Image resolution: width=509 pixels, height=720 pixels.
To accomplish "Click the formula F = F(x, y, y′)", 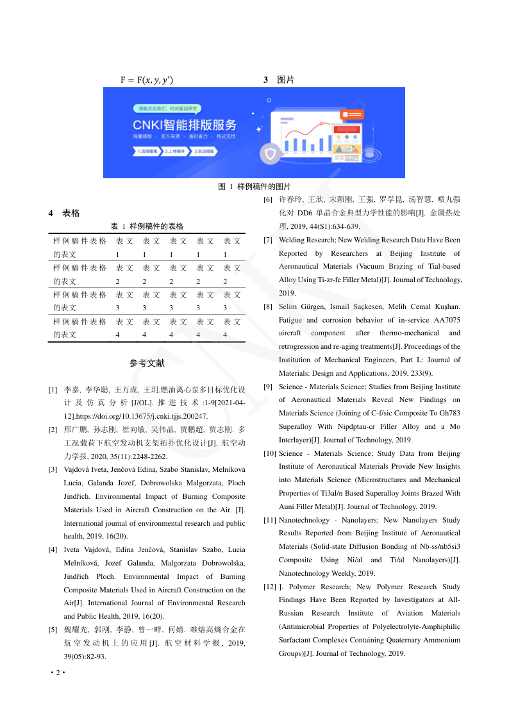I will [x=146, y=80].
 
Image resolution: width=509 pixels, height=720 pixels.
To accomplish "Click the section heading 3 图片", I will [x=279, y=80].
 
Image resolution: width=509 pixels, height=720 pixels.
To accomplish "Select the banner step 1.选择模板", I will [x=147, y=152].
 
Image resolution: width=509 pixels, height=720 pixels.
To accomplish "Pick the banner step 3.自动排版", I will [x=204, y=152].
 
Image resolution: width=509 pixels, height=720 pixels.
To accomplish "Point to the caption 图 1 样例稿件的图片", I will [x=254, y=187].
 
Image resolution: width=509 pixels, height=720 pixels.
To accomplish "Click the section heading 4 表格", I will [x=64, y=213].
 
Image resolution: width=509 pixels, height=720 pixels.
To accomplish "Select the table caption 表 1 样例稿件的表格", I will [x=147, y=226].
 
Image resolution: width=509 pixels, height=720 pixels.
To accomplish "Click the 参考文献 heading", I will [x=147, y=363].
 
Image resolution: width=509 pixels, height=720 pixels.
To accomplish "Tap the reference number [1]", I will [x=53, y=390].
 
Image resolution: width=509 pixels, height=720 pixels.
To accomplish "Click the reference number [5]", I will [x=53, y=630].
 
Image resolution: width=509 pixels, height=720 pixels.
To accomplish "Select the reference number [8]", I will [x=268, y=306].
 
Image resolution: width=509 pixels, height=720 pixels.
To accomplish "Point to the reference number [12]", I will [x=270, y=587].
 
